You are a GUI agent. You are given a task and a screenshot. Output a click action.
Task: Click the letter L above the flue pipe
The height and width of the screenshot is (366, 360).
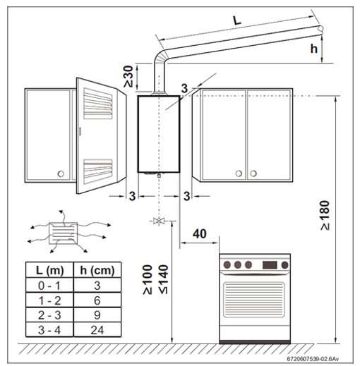coord(237,20)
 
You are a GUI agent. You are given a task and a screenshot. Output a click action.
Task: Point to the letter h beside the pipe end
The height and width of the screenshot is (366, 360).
coord(314,49)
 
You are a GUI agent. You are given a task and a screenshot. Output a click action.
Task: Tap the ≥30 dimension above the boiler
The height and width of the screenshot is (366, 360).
coord(128,76)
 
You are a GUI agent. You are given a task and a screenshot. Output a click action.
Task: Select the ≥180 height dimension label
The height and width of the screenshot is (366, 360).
coord(325,216)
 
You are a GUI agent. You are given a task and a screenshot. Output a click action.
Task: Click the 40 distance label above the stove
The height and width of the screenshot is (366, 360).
coord(200,234)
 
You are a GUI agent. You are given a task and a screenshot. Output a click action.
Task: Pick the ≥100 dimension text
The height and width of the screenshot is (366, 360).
coord(148,279)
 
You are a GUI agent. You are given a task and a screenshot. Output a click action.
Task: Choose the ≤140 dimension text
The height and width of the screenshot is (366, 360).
coord(164,279)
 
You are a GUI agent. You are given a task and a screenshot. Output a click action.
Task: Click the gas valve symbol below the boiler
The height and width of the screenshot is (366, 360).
coord(159,221)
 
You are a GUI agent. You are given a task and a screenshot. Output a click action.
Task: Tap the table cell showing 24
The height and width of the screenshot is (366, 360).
coord(97,330)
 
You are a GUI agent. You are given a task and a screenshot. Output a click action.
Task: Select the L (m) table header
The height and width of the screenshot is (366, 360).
coord(49,270)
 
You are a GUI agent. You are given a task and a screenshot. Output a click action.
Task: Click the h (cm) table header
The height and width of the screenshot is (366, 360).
coord(97,270)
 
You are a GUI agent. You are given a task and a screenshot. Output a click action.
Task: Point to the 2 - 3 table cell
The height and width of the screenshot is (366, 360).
coord(49,315)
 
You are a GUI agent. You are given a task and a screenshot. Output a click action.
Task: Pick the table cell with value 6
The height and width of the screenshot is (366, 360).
coord(97,300)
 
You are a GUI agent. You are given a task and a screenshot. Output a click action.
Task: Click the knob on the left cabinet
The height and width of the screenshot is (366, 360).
coord(61,174)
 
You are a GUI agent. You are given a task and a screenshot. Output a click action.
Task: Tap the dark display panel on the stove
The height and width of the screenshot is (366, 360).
coord(270,265)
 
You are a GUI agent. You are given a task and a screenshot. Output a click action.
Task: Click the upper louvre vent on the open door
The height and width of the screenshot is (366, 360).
coord(97,104)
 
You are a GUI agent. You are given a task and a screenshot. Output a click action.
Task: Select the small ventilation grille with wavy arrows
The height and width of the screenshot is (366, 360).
coord(63,233)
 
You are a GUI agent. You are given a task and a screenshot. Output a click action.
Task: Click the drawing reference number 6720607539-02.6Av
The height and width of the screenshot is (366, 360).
coord(313,359)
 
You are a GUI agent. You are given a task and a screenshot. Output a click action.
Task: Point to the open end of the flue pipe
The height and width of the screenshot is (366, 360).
coord(320,30)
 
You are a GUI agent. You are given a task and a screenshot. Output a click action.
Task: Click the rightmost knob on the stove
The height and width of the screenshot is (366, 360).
coord(284,265)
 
